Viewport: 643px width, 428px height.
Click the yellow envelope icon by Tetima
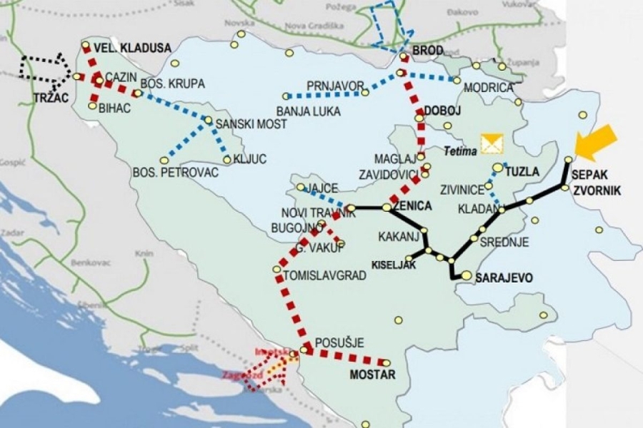pyautogui.click(x=492, y=144)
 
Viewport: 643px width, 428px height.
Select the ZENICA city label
pyautogui.click(x=413, y=206)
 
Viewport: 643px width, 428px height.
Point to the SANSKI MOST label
pyautogui.click(x=251, y=124)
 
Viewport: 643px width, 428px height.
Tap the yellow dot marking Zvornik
pyautogui.click(x=564, y=188)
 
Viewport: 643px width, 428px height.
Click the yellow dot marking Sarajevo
pyautogui.click(x=466, y=275)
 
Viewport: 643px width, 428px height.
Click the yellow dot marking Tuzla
pyautogui.click(x=498, y=168)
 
